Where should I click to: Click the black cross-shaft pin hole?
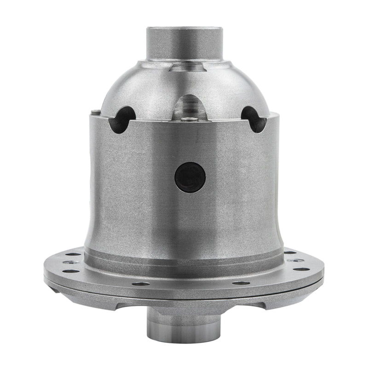(190, 177)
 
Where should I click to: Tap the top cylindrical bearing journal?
(184, 43)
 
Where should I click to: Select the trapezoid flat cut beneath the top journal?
(186, 67)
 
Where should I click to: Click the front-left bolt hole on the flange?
(141, 283)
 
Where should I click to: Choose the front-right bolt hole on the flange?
(241, 283)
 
